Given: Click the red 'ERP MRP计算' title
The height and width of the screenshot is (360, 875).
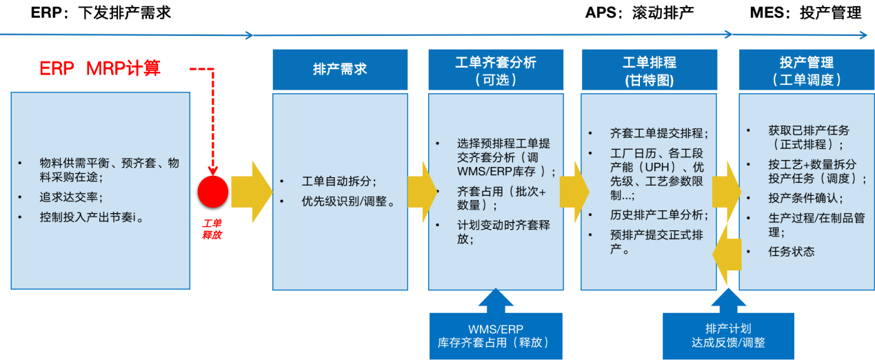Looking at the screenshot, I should [x=100, y=69].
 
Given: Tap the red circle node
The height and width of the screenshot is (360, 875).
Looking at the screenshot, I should [x=213, y=191].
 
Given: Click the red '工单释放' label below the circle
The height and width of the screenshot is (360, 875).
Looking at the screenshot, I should [x=212, y=229].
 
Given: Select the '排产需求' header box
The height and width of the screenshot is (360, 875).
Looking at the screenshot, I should [x=340, y=70].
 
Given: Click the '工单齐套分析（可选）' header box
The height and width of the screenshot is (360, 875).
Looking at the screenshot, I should [x=496, y=70].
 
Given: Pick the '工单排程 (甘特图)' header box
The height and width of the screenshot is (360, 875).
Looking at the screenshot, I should [x=649, y=70].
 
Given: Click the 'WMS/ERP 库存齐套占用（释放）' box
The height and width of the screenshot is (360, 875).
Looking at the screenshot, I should [x=496, y=335].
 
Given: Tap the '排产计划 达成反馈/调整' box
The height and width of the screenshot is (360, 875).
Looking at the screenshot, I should [x=728, y=335].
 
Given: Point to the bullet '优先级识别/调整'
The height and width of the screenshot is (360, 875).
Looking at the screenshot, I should [x=348, y=202].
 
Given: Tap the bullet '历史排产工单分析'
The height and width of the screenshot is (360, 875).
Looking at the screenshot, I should [x=658, y=215].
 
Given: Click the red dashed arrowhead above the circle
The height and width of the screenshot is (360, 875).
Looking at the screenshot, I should [x=212, y=170].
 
